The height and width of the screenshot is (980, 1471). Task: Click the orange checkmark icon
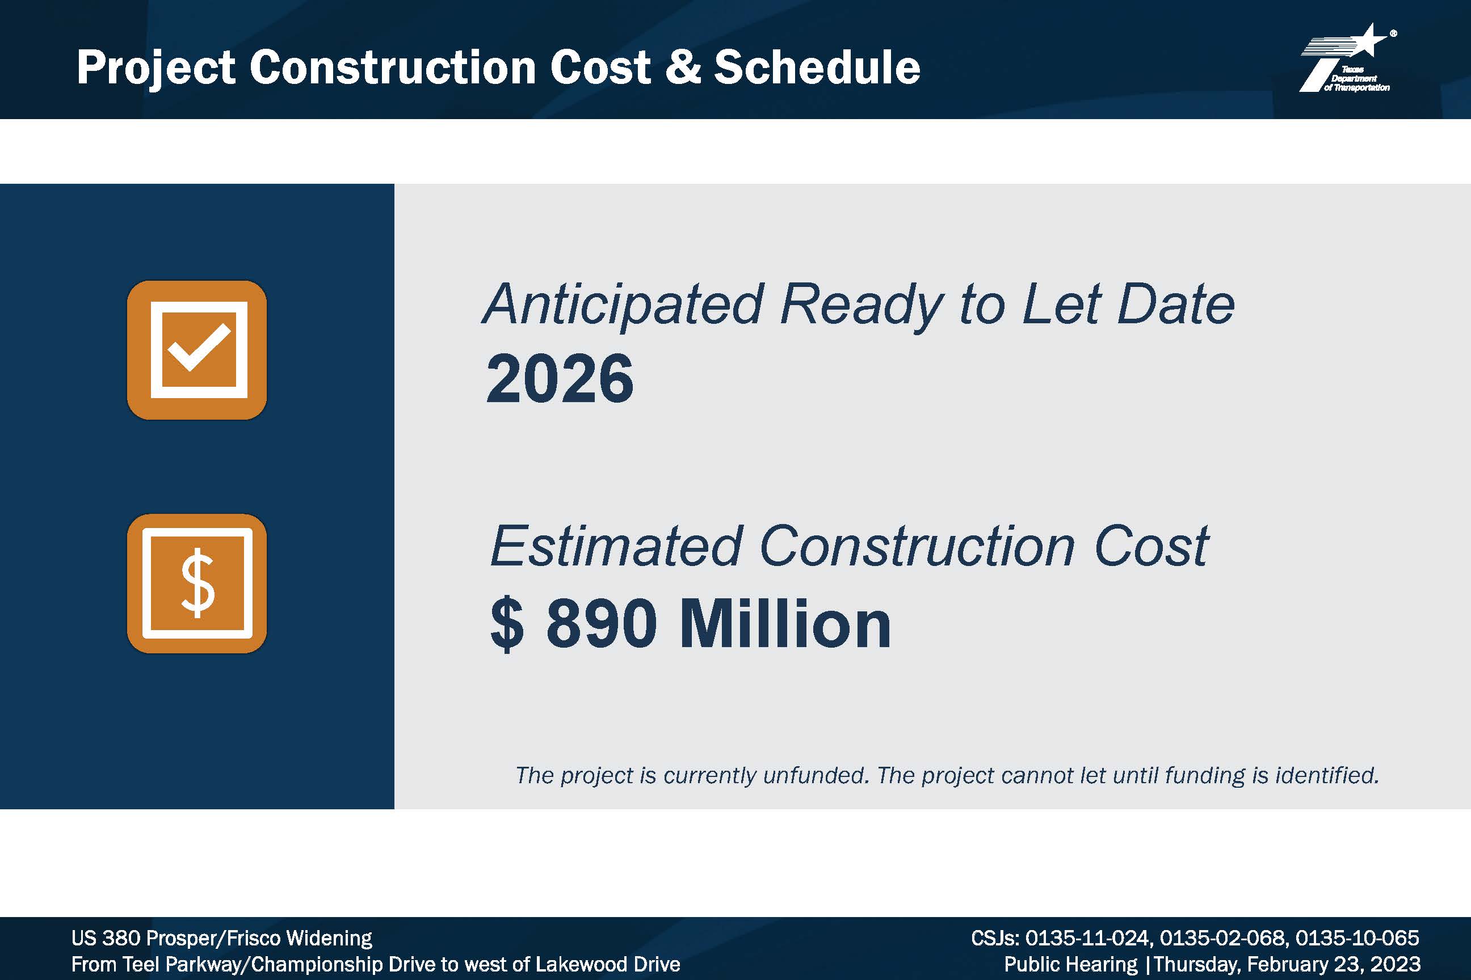tap(197, 350)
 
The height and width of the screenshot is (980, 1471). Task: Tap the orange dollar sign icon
tap(197, 583)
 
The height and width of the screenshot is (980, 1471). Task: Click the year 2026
tap(560, 379)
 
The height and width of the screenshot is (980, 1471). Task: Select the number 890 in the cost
tap(602, 624)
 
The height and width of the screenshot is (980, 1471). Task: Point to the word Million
tap(785, 624)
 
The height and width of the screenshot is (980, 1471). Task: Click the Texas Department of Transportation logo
tap(1348, 58)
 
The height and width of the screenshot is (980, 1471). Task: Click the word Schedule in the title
tap(817, 67)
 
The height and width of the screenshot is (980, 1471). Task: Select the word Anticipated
tap(623, 305)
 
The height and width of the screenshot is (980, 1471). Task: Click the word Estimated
tap(616, 546)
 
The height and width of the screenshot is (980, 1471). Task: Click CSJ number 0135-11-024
tap(1088, 938)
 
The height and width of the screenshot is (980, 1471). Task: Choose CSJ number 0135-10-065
tap(1357, 938)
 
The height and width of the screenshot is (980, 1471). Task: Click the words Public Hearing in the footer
tap(1071, 964)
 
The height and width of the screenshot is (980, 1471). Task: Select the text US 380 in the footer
tap(105, 938)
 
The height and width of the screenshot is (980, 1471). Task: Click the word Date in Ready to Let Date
tap(1176, 305)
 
